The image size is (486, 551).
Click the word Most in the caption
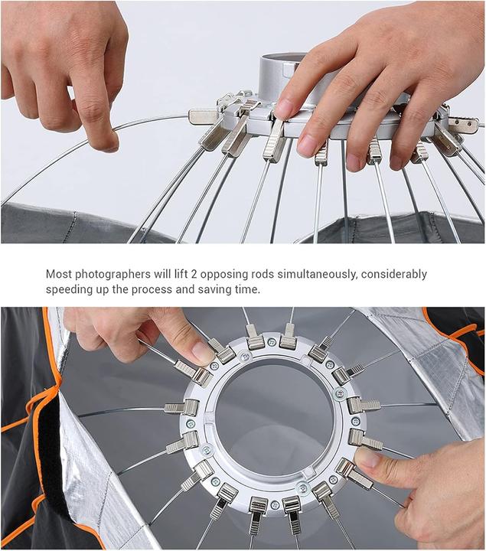[x=60, y=274]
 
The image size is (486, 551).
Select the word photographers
[x=118, y=274]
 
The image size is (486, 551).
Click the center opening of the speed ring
[x=272, y=417]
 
